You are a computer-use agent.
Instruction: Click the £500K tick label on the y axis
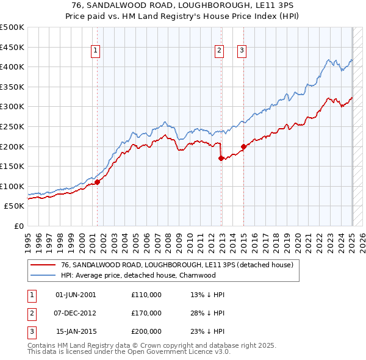(x=12, y=27)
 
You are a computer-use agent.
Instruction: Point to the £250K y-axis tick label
(x=12, y=126)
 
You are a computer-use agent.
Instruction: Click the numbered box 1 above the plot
(x=96, y=51)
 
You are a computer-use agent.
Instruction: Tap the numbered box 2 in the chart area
(x=218, y=51)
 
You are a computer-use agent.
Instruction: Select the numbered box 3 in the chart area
(x=242, y=51)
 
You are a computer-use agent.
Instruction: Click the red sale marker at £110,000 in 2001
(x=97, y=182)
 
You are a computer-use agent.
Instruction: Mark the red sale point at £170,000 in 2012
(x=221, y=158)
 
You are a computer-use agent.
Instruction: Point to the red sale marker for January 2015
(x=243, y=146)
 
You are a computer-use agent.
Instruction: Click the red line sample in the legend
(x=43, y=265)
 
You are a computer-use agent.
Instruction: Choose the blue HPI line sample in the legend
(x=43, y=275)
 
